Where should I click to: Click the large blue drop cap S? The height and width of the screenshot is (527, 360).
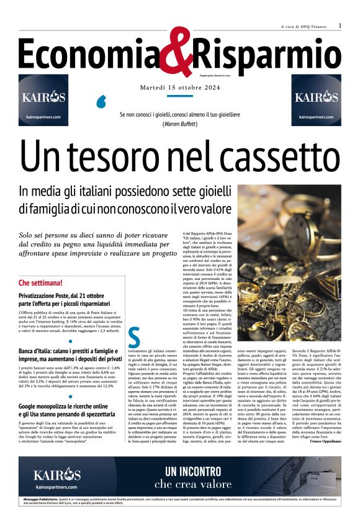pos(134,337)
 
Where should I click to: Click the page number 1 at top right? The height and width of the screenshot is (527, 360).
pos(340,25)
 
